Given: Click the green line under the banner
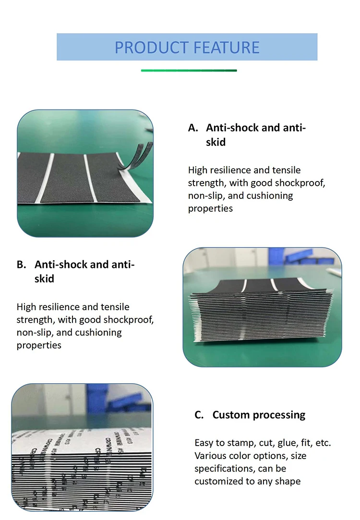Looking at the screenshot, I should (189, 71).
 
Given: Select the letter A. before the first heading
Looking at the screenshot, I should (193, 128).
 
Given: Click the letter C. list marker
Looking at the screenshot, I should (199, 415).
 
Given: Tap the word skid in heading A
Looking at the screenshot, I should (216, 142).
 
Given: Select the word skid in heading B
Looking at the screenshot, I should (44, 278).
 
